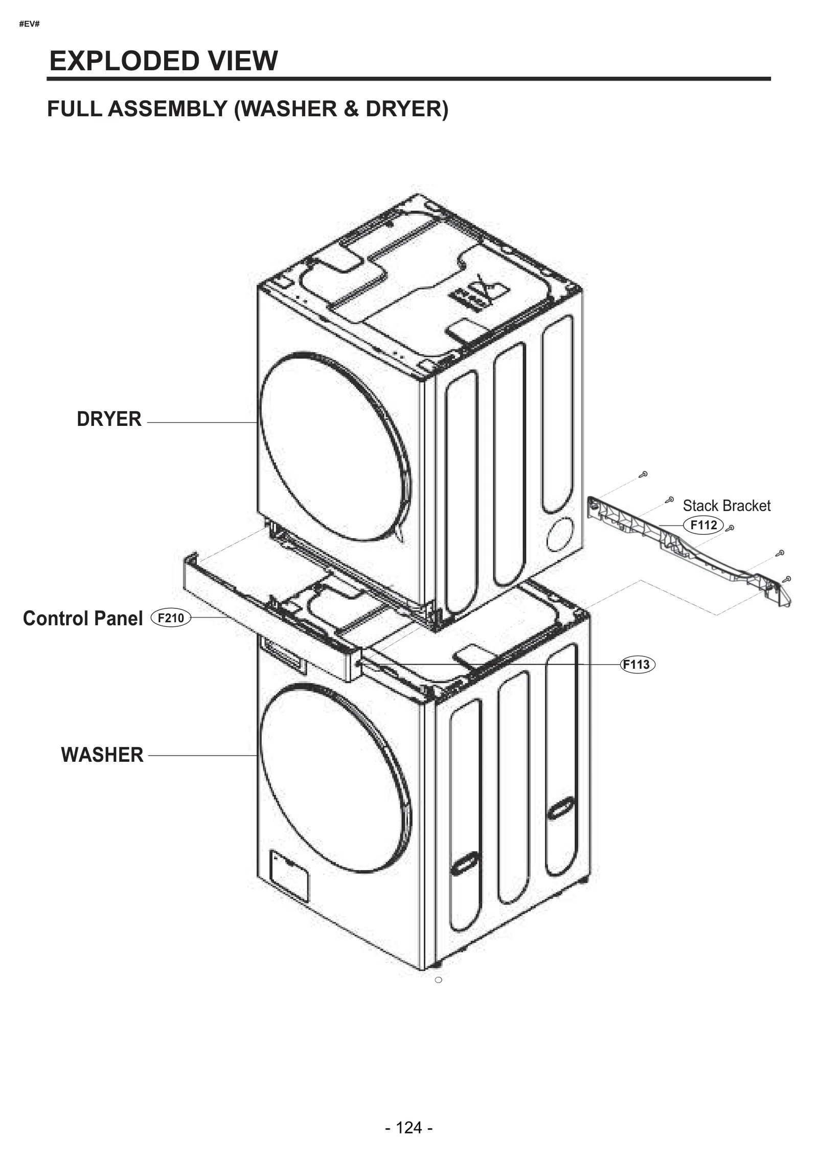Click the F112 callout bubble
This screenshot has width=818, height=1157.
coord(703,525)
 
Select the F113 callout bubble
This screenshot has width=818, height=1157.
coord(637,665)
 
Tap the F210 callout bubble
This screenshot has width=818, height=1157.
coord(171,618)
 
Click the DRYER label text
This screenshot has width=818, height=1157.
coord(109,419)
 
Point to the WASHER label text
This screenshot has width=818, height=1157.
coord(102,755)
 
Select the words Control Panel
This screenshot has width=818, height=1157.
coord(83,619)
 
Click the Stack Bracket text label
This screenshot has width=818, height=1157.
coord(726,506)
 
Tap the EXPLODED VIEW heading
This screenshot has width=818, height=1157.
coord(164,61)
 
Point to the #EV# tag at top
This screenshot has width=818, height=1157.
coord(29,24)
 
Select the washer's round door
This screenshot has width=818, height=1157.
coord(335,779)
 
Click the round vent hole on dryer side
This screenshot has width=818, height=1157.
coord(560,534)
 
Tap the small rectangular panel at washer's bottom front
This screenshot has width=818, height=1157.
coord(289,877)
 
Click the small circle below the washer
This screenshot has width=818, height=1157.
coord(438,980)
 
